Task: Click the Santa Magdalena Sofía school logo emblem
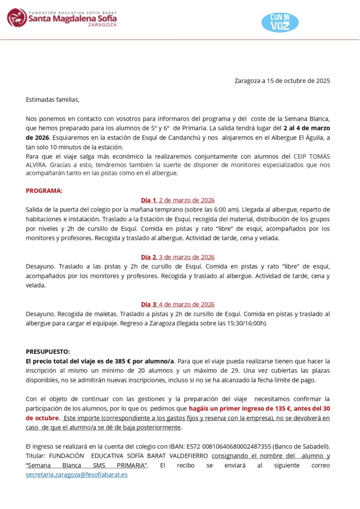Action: tap(17, 17)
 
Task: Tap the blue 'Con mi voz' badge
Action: tap(280, 22)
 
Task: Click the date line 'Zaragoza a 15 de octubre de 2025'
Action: tap(282, 81)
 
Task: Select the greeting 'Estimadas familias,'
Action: tap(52, 99)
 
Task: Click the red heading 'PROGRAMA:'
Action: tap(44, 190)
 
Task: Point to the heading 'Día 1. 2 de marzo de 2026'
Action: tap(178, 200)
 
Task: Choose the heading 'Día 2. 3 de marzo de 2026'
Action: tap(178, 257)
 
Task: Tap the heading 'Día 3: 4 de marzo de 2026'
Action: tap(178, 304)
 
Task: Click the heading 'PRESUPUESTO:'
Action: tap(48, 351)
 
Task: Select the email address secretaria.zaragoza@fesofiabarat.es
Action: tap(77, 475)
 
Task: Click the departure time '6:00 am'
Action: tap(225, 210)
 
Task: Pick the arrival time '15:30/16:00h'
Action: tap(247, 323)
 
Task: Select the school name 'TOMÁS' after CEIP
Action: tap(318, 157)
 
